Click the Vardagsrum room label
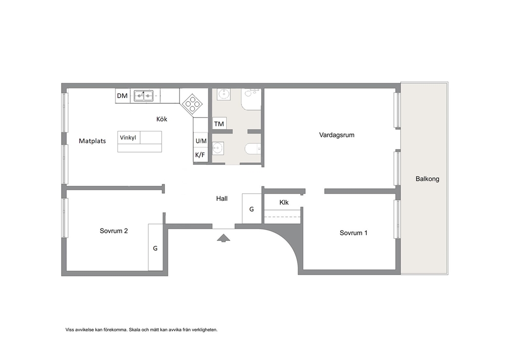[x=337, y=135]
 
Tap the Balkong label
[x=427, y=179]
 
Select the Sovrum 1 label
[x=354, y=233]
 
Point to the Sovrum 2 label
[x=113, y=231]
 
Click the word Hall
[x=222, y=199]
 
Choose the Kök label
[x=162, y=119]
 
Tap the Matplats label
[x=92, y=141]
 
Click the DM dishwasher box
[x=123, y=96]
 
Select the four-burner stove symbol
[x=192, y=104]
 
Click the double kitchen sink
[x=144, y=95]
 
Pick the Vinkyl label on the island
[x=128, y=138]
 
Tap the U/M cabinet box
[x=201, y=141]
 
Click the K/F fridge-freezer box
[x=200, y=155]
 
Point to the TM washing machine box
[x=219, y=124]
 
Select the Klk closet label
[x=284, y=202]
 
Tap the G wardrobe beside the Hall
[x=252, y=209]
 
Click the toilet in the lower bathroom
[x=253, y=149]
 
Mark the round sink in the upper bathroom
[x=223, y=94]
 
